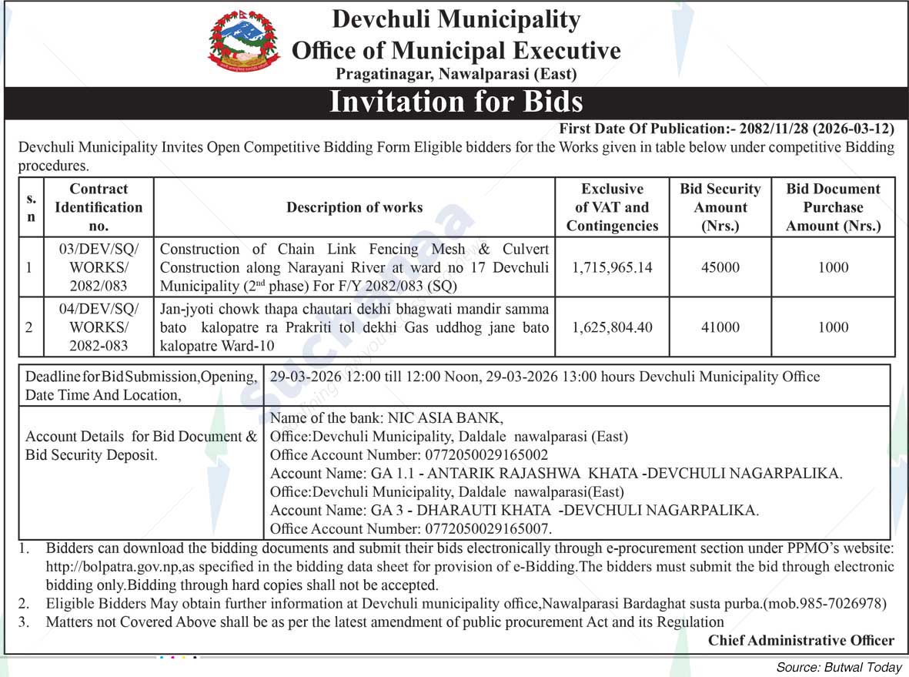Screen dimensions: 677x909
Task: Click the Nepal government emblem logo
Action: [244, 41]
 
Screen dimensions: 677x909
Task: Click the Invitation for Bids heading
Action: [456, 102]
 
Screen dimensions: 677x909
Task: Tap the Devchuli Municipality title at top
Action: [456, 19]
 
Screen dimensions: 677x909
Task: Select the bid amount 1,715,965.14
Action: [612, 268]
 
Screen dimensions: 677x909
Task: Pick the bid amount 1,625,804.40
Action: [612, 327]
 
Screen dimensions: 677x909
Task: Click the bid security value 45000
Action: [720, 268]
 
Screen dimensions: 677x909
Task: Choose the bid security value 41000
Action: [720, 327]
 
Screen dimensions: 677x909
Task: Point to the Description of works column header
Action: [354, 207]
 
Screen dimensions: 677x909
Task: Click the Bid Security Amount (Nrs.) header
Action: [720, 207]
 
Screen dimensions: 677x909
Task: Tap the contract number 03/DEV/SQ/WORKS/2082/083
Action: [99, 268]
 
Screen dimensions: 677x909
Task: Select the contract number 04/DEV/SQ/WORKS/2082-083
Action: [99, 327]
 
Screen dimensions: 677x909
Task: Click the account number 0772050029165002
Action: [486, 455]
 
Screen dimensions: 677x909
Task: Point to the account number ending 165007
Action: [488, 529]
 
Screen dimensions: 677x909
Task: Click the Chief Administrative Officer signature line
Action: [801, 640]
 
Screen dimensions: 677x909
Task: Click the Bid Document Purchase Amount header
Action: [833, 207]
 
